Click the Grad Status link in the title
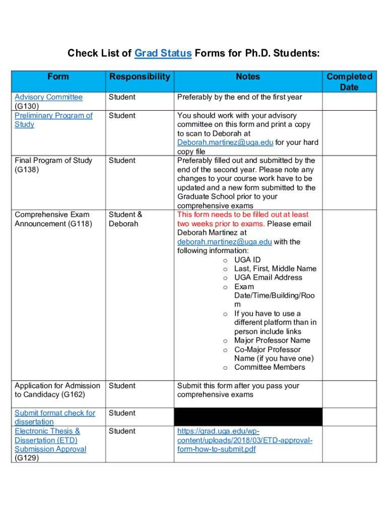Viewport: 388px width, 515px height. (x=163, y=53)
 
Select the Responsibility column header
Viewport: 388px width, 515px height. (x=140, y=76)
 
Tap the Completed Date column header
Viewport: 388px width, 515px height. (x=349, y=81)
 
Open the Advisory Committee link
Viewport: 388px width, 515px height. (x=48, y=97)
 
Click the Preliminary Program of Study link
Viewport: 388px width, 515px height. (x=53, y=120)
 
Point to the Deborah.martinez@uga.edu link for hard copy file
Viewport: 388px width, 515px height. (x=225, y=142)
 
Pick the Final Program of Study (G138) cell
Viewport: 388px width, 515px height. (x=53, y=165)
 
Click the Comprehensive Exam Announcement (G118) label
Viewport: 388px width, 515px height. (x=53, y=219)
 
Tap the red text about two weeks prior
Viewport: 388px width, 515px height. (x=243, y=219)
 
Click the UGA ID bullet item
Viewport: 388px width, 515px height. (x=247, y=260)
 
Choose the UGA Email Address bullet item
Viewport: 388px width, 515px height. (x=268, y=278)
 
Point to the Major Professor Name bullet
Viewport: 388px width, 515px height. (x=272, y=340)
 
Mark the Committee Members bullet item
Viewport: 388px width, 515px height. (x=270, y=367)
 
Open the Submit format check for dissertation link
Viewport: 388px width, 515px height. (x=54, y=417)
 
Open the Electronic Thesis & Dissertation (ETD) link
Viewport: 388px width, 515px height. (x=50, y=440)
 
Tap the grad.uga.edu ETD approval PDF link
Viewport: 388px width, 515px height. (x=244, y=440)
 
